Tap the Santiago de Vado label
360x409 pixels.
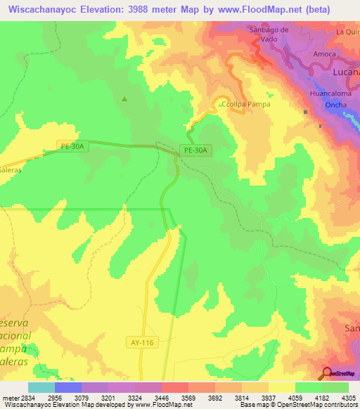(270, 34)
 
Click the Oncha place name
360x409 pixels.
(334, 105)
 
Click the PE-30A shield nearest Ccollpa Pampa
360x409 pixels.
(196, 150)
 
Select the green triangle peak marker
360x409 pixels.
(124, 98)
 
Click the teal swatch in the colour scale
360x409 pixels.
(41, 387)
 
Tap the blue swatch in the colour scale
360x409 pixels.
(68, 387)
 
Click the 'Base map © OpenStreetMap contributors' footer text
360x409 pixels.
(298, 405)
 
